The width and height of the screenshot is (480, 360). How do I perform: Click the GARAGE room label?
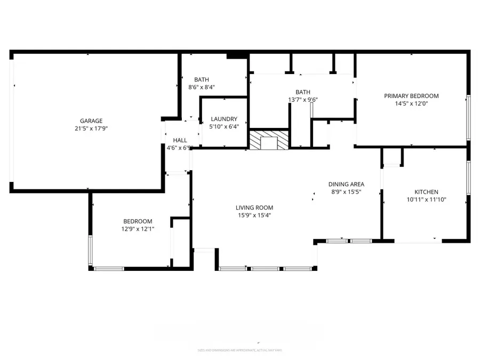point(91,121)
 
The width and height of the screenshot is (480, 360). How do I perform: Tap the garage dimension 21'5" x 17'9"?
point(91,129)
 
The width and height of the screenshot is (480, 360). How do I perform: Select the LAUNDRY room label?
point(223,119)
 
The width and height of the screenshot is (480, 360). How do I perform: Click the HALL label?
point(180,140)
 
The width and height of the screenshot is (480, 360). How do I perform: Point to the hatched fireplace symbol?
point(269,140)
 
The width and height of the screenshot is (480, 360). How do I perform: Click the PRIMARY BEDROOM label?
point(411,96)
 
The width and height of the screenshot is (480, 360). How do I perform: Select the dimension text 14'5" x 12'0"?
point(411,104)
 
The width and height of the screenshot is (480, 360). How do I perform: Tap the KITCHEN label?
point(427,192)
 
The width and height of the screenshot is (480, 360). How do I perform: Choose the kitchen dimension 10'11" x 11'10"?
point(427,199)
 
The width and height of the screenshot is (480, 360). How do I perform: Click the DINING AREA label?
point(346,184)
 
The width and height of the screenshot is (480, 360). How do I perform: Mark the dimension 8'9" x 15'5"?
point(346,191)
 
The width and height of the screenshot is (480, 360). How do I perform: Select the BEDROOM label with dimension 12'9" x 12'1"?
point(138,221)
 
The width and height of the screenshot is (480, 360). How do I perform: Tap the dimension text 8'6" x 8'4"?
point(202,87)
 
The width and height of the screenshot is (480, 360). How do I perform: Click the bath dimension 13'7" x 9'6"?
point(303,100)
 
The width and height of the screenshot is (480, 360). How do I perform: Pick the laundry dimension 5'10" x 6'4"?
point(223,126)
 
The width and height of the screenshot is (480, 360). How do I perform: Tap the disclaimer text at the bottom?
point(239,350)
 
